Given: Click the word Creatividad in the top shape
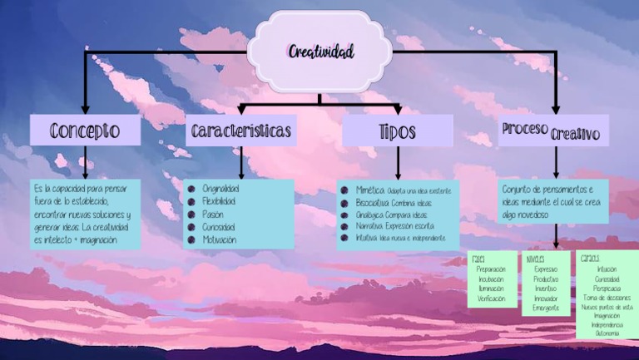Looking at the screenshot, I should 321,52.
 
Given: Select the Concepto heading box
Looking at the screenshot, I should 85,131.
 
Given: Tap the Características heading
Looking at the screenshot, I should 241,131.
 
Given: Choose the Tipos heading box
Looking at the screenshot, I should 397,131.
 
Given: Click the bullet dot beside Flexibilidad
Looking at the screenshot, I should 191,202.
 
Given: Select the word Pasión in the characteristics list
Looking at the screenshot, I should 213,215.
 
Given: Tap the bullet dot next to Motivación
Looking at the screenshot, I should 191,239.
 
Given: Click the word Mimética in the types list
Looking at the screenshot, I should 370,190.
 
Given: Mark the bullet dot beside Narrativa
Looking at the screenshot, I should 344,225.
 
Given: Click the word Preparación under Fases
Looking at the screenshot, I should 491,269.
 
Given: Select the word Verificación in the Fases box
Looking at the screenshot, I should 491,298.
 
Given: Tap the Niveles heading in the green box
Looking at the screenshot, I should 535,259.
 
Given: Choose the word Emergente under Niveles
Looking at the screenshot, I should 546,308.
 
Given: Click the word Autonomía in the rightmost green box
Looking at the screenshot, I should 607,333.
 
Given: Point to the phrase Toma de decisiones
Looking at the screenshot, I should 607,297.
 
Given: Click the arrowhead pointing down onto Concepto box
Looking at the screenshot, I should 85,108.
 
